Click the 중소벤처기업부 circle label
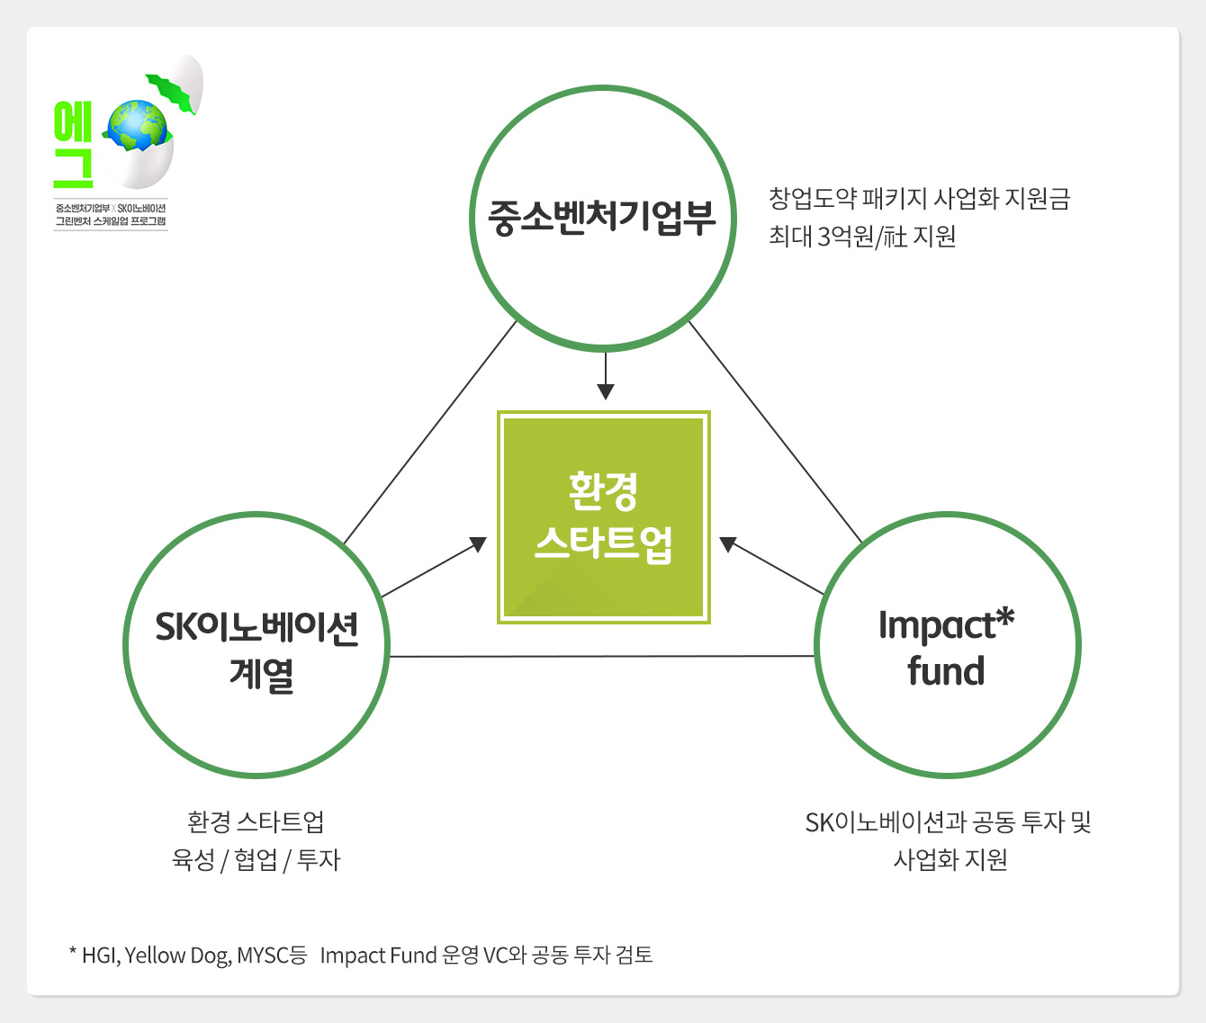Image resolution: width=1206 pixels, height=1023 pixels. tap(601, 217)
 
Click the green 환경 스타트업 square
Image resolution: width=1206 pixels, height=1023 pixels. tap(604, 517)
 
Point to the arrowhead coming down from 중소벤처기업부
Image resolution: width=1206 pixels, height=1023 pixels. tap(606, 390)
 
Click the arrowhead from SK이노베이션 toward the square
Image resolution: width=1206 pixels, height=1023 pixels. tap(478, 544)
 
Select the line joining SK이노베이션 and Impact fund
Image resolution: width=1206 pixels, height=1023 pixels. tap(601, 657)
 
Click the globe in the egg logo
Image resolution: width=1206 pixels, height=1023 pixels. tap(137, 125)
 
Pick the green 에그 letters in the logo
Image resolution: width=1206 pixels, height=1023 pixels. tap(73, 144)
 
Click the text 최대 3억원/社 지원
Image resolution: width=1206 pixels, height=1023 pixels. tap(861, 237)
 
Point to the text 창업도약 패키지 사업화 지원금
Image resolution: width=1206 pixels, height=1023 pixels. tap(919, 198)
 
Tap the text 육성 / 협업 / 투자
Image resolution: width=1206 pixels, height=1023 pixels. tap(256, 860)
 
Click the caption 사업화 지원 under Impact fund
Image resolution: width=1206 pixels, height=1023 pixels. tap(949, 860)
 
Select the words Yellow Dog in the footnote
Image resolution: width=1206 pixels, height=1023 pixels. tap(176, 956)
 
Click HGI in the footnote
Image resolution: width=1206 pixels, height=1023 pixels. tap(99, 956)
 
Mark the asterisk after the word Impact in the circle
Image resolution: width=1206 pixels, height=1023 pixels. tap(1005, 618)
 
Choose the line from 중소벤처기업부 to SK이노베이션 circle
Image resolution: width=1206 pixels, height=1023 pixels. tap(430, 432)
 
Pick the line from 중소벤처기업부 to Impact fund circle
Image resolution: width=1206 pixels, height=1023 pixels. tap(775, 432)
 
